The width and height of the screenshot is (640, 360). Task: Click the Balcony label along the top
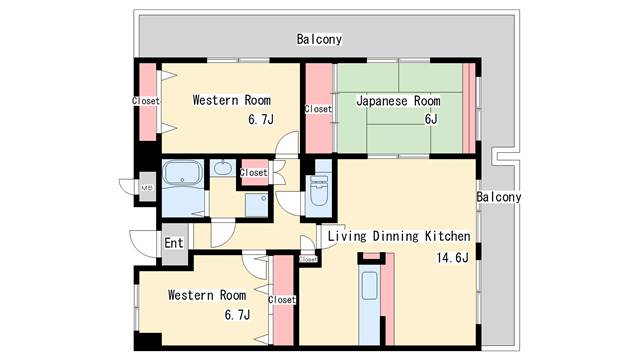(x=319, y=39)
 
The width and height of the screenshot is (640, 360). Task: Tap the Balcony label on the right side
(x=499, y=197)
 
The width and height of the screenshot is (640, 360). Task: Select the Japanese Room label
(x=398, y=101)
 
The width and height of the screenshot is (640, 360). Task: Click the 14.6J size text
(x=452, y=258)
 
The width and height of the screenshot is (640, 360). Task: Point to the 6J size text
(x=431, y=119)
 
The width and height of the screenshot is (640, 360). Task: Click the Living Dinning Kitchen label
(x=399, y=236)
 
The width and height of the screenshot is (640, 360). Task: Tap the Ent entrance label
(x=173, y=243)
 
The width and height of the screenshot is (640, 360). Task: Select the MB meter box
(x=147, y=188)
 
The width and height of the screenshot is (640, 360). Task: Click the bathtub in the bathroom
(x=182, y=173)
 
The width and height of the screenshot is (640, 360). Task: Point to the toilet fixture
(x=319, y=191)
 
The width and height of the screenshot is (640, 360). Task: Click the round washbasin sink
(x=222, y=168)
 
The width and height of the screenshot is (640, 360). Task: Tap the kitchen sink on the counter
(x=370, y=286)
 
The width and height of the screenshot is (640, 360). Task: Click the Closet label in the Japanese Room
(x=318, y=109)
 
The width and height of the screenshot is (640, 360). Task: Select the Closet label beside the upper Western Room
(x=146, y=100)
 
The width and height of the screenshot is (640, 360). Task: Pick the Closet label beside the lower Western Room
(x=282, y=300)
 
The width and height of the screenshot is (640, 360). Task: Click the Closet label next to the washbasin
(x=253, y=173)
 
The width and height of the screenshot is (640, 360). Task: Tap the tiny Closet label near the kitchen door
(x=308, y=260)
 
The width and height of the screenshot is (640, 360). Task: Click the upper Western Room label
(x=231, y=100)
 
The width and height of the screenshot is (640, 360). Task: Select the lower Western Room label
(x=207, y=295)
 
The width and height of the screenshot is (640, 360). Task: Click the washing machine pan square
(x=256, y=204)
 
